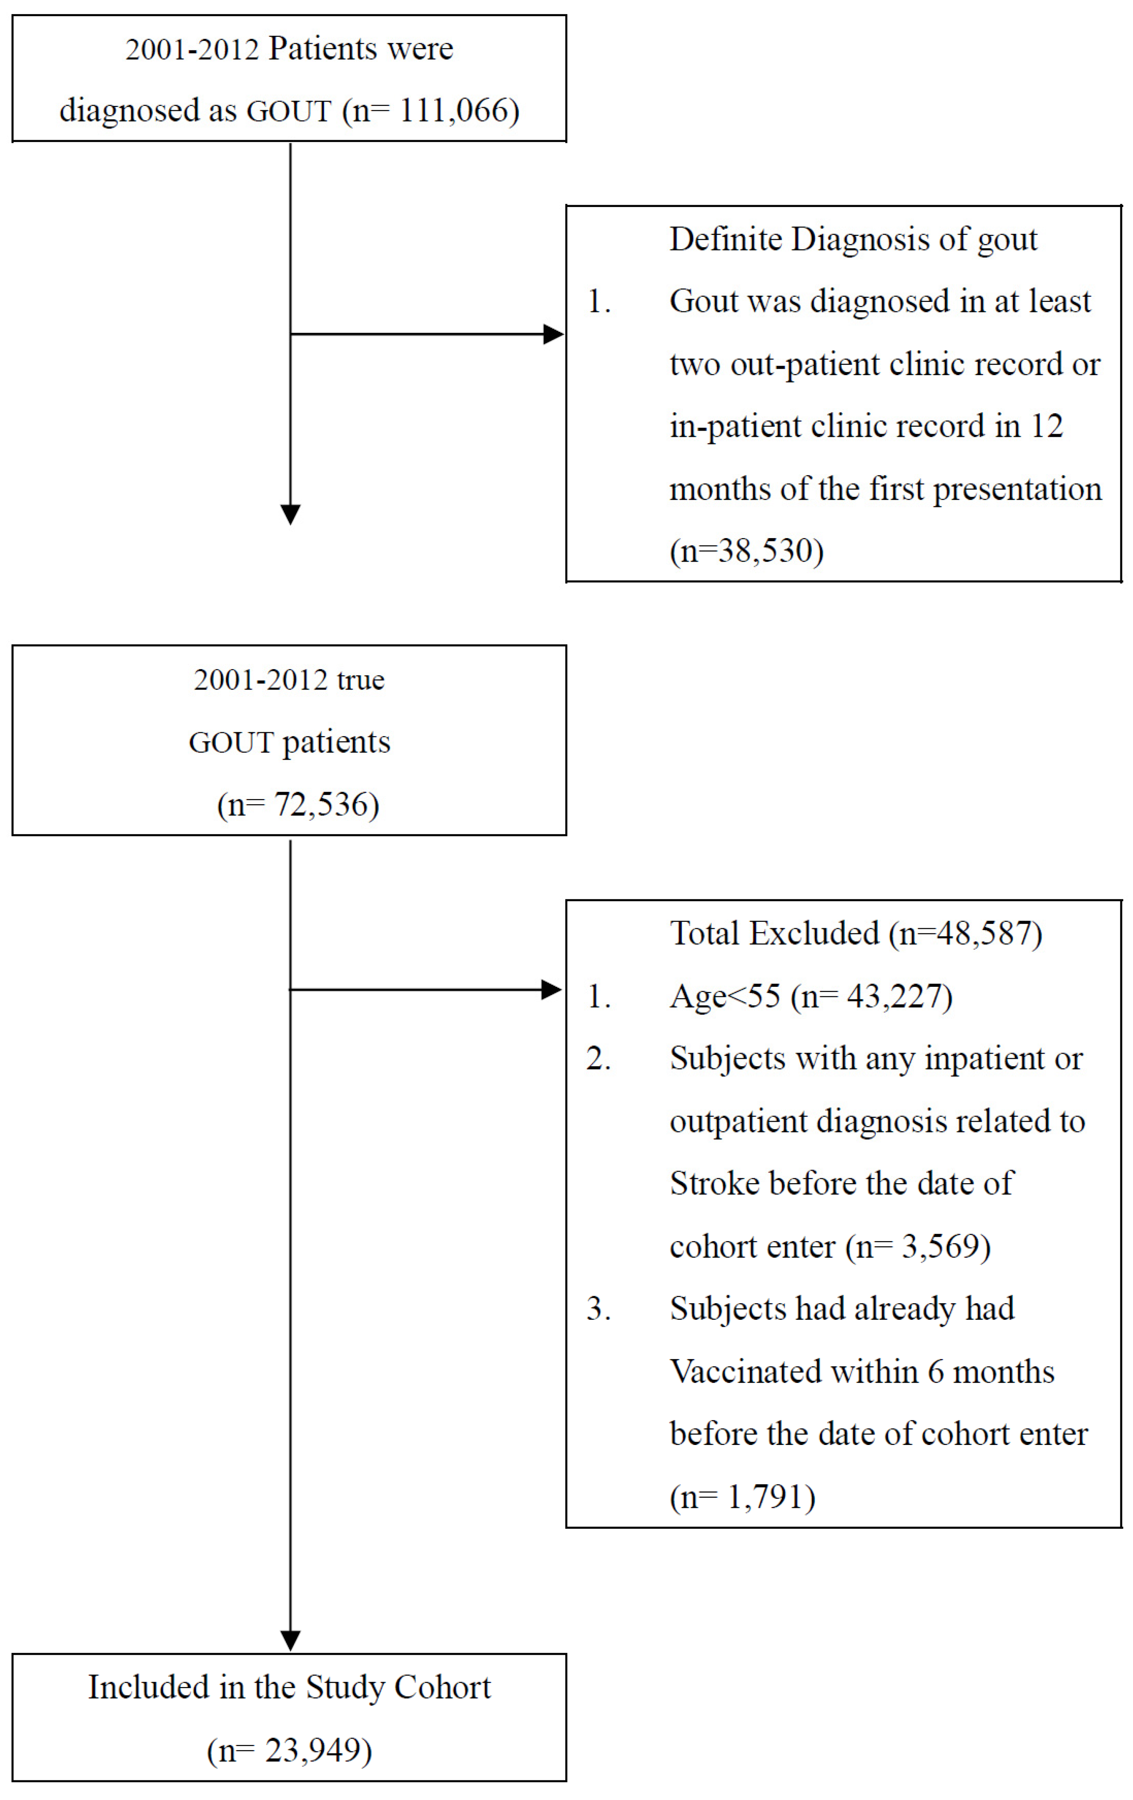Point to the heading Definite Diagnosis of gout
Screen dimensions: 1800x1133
[x=853, y=239]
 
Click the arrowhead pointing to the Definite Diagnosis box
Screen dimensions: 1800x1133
[x=554, y=334]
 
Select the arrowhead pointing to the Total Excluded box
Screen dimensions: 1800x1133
[x=551, y=990]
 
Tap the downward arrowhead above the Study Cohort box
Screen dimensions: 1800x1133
[x=290, y=1639]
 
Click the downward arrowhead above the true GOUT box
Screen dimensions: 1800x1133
[x=290, y=514]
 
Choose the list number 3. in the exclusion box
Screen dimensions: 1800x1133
[x=598, y=1309]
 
